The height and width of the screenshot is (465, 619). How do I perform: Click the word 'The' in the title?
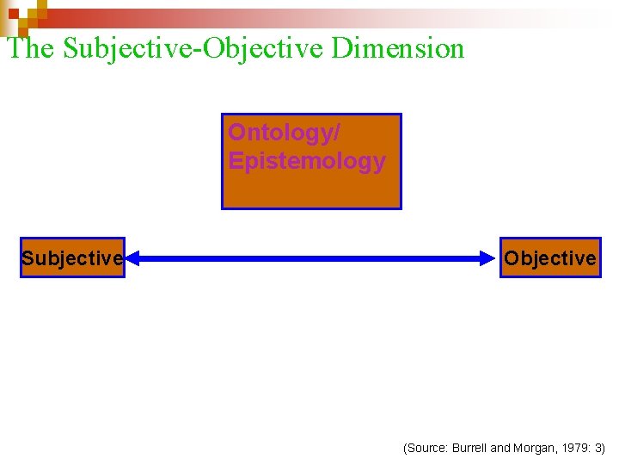click(31, 48)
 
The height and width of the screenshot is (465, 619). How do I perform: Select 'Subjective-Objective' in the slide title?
click(194, 48)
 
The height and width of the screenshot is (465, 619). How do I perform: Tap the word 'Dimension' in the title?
click(398, 48)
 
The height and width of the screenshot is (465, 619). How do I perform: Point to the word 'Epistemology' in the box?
click(307, 161)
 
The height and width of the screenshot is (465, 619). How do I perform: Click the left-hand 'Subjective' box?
click(73, 257)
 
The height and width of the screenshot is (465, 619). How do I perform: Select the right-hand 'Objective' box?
click(550, 257)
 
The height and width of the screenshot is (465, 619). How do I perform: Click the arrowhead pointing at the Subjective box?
click(134, 257)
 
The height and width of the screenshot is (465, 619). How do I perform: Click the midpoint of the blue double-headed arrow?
click(311, 257)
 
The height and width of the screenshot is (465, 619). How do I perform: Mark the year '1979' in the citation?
click(573, 448)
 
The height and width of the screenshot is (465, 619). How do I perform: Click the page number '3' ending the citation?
click(599, 448)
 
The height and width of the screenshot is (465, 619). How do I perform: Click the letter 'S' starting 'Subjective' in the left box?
click(28, 258)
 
